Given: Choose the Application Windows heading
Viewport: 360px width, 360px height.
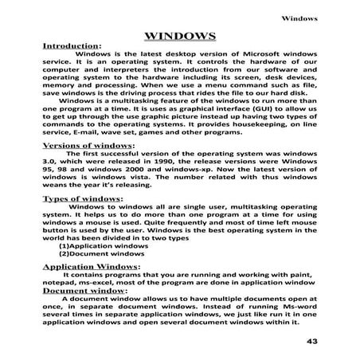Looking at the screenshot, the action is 90,266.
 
